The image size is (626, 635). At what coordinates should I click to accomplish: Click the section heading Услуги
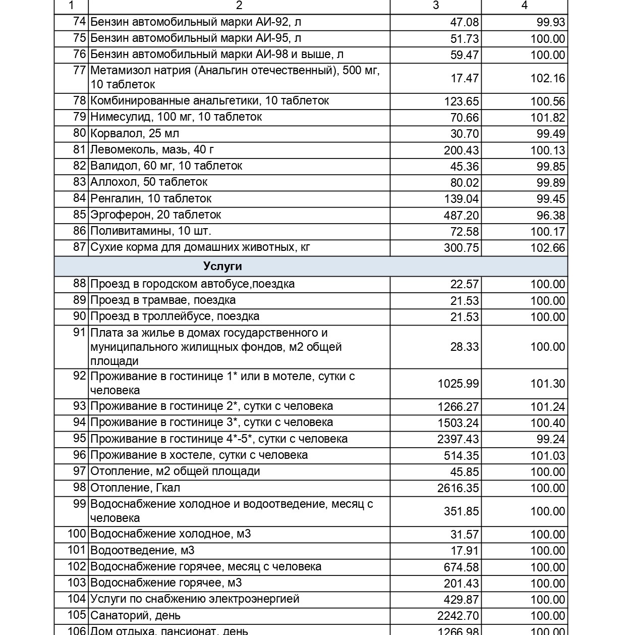point(222,266)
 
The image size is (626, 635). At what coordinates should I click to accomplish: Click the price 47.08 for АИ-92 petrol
point(464,23)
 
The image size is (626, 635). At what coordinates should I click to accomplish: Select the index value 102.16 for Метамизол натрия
point(547,79)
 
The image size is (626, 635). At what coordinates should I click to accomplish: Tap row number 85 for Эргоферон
point(79,215)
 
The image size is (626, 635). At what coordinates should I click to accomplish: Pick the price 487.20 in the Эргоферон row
point(461,216)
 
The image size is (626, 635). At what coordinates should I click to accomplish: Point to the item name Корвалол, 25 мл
point(135,134)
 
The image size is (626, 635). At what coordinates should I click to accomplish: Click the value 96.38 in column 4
point(551,216)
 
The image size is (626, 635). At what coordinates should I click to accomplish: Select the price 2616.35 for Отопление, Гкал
point(458,488)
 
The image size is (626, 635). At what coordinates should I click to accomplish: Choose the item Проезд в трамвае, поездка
point(163,300)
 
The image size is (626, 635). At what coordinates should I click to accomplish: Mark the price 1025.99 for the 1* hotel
point(458,384)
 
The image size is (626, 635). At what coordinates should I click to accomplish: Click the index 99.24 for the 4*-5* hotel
point(551,439)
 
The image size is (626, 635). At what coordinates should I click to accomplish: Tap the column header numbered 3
point(436,5)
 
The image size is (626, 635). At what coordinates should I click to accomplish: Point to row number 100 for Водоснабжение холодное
point(77,534)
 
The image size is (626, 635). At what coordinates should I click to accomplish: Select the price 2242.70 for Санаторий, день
point(458,616)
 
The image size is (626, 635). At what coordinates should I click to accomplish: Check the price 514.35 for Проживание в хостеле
point(461,456)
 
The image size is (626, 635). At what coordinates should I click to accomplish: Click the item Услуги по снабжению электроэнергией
point(195,599)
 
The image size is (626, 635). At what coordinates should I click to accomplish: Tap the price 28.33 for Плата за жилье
point(464,347)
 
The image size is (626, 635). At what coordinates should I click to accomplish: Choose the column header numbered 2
point(239,5)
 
